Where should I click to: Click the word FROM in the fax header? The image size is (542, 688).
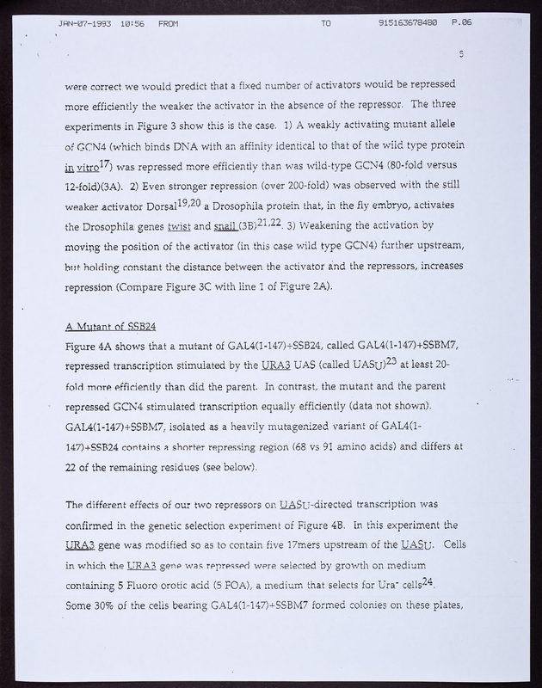click(x=169, y=24)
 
